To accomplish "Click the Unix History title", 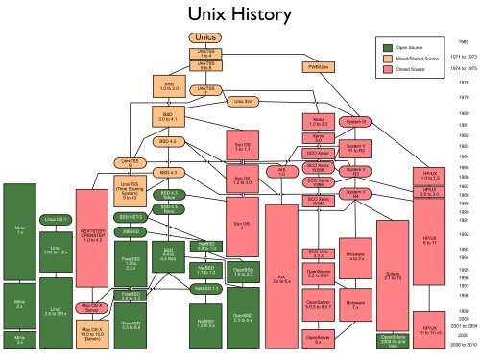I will coord(239,14).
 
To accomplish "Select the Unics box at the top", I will coord(204,36).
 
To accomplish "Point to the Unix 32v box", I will coord(247,99).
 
